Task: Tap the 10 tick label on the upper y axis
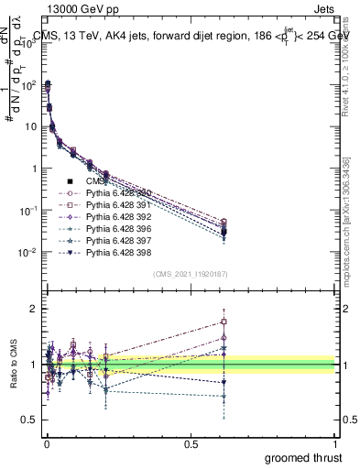coord(27,126)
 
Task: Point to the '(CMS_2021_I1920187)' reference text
coord(190,273)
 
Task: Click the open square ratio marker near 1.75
coord(224,322)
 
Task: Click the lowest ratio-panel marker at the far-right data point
coord(224,397)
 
